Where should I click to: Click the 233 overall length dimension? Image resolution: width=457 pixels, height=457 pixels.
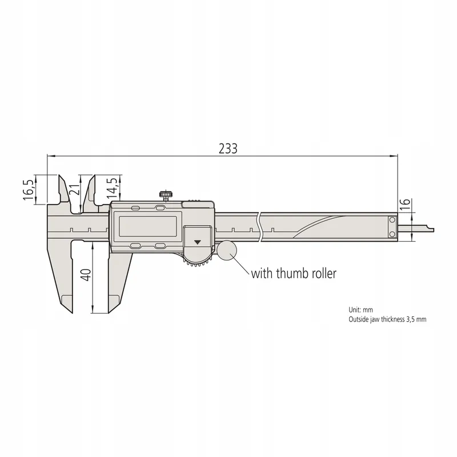click(228, 149)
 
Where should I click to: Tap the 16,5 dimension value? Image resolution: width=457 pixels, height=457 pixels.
click(29, 190)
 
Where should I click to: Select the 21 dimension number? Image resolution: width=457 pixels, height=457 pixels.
click(75, 190)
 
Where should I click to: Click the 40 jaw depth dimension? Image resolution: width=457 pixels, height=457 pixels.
click(86, 275)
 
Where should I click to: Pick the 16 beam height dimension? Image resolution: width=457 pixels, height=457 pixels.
click(406, 205)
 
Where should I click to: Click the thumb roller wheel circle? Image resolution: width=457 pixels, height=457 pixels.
click(227, 250)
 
